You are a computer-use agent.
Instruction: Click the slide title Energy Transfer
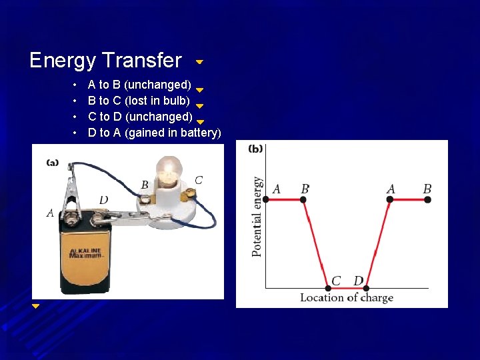click(105, 61)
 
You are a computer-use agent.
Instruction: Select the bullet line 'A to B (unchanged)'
click(139, 85)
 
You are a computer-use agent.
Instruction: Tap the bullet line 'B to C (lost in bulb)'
click(139, 101)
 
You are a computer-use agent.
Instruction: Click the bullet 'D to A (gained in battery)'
click(154, 133)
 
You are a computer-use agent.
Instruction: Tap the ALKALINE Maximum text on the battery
click(85, 253)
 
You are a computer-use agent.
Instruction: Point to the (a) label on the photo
click(53, 162)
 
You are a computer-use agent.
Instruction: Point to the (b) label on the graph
click(255, 149)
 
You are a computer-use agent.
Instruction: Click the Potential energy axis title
click(257, 216)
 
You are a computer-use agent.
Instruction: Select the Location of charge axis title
click(346, 298)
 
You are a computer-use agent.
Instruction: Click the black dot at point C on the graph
click(327, 288)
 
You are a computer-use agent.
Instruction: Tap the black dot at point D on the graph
click(366, 288)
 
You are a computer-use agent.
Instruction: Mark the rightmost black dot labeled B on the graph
click(427, 199)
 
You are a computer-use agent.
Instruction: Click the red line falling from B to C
click(316, 243)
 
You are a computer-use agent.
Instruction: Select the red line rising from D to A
click(378, 243)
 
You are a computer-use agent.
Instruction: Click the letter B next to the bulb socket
click(145, 185)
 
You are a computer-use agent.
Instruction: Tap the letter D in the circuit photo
click(103, 200)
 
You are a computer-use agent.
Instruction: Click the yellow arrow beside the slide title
click(199, 61)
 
